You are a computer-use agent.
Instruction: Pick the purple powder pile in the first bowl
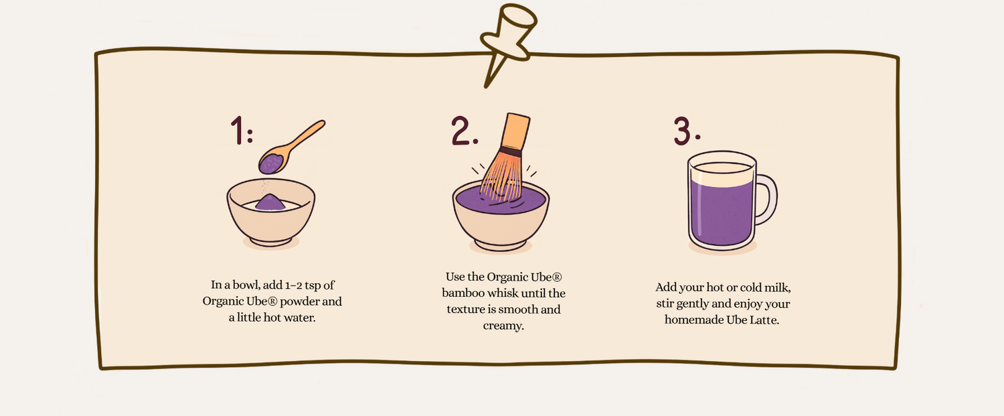[271, 202]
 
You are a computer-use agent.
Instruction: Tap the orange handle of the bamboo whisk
[514, 131]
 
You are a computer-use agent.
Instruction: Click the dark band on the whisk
[510, 152]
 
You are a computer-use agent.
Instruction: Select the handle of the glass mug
[766, 199]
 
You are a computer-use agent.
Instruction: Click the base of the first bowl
[271, 238]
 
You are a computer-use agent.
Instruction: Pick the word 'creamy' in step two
[502, 326]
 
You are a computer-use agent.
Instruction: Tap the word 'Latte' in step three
[765, 320]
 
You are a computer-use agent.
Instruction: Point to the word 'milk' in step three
[776, 287]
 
